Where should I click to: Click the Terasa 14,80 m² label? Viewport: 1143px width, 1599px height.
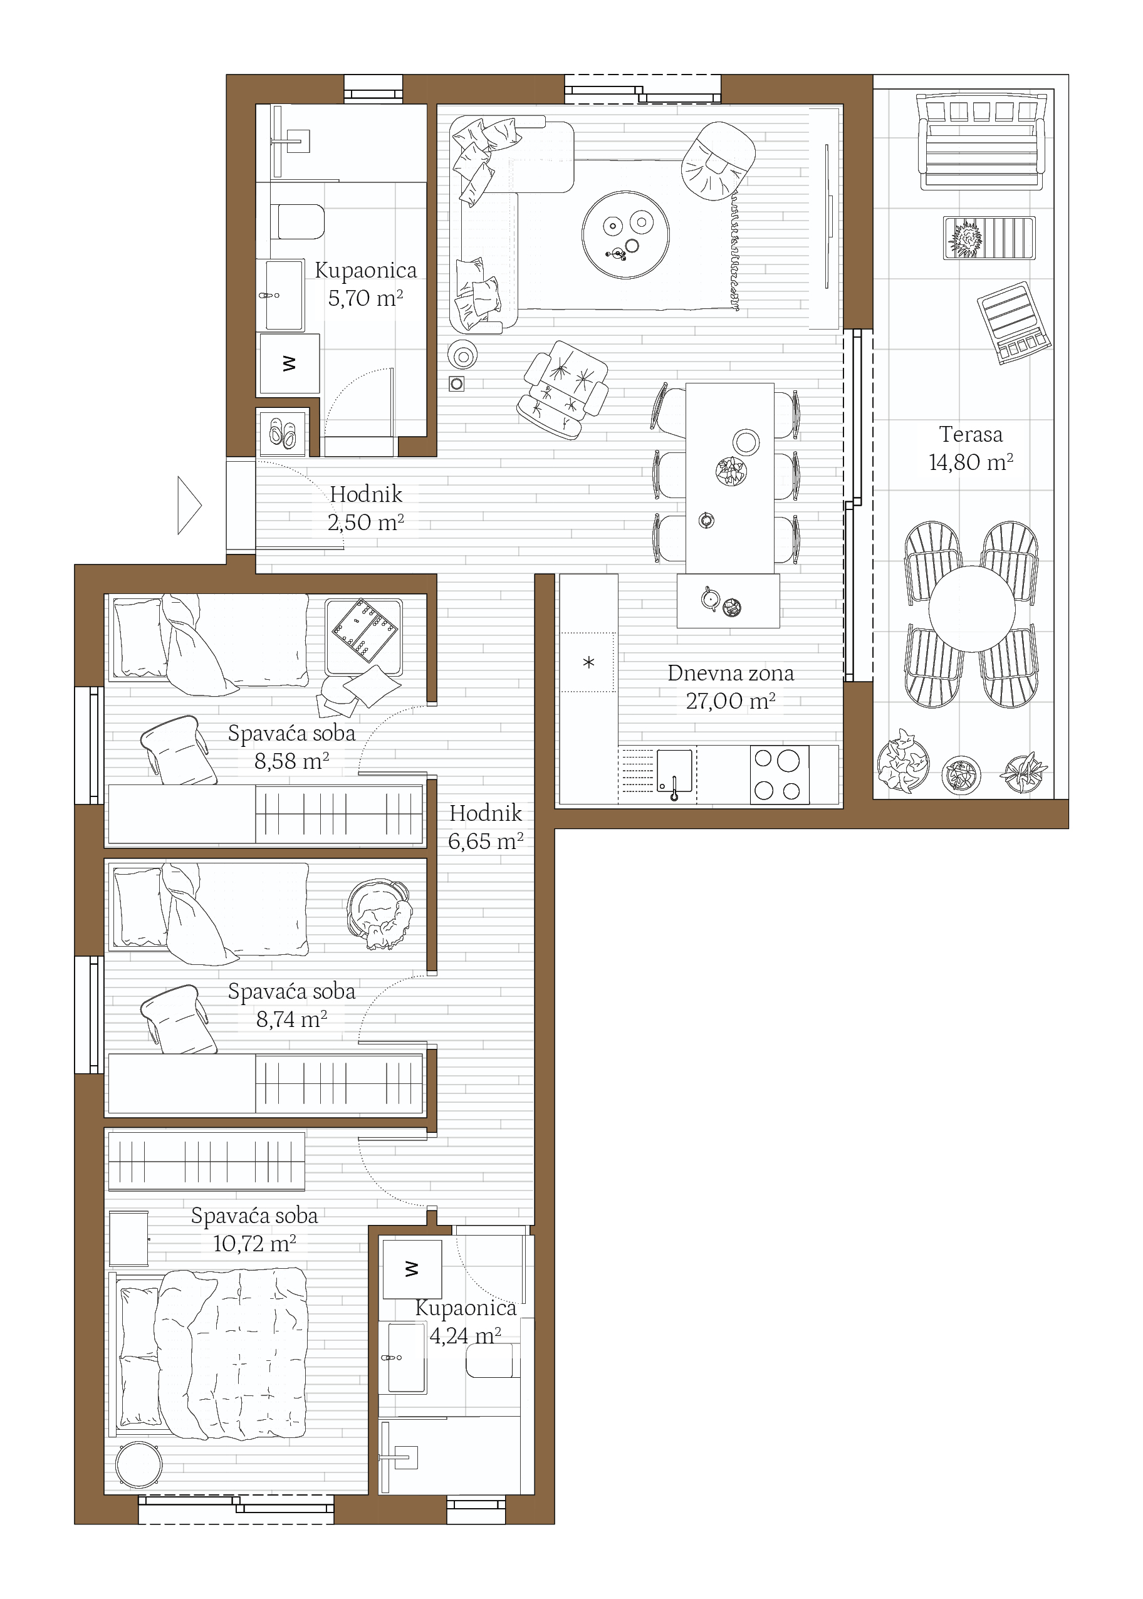(x=971, y=449)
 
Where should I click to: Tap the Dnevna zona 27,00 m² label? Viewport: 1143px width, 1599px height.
(x=731, y=687)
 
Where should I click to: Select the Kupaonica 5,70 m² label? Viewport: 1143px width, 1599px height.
(x=365, y=284)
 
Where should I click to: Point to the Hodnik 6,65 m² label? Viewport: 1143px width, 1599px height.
(x=486, y=827)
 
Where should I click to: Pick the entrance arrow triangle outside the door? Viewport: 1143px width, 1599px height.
(x=189, y=505)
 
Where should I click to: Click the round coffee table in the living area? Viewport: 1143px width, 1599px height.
(x=625, y=235)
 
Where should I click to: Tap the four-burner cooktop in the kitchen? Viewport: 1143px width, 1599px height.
(x=779, y=775)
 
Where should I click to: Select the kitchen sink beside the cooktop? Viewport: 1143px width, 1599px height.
(x=674, y=771)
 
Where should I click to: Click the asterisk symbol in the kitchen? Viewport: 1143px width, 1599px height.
(x=589, y=662)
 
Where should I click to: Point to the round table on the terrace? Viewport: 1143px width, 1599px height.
(x=971, y=610)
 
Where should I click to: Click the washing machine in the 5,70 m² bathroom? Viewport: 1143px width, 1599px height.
(x=290, y=364)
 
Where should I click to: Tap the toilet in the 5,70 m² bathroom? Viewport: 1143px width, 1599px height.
(x=298, y=222)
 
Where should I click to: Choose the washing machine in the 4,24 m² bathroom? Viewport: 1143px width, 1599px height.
(x=412, y=1269)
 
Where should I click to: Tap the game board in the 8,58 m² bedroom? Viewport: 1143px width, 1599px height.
(x=365, y=630)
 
